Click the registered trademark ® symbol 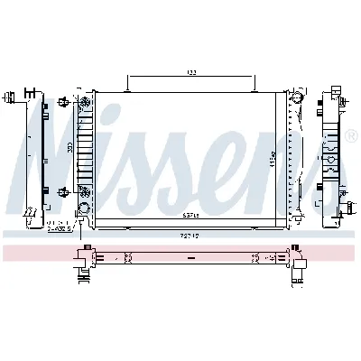[350, 135]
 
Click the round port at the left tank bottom [85, 209]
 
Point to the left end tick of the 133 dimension [128, 83]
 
